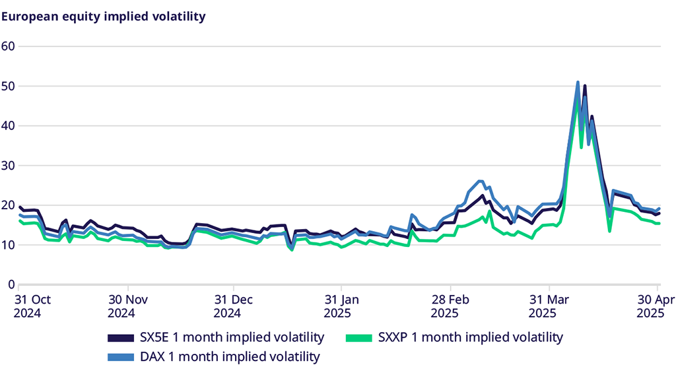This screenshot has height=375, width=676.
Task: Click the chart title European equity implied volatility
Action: point(103,17)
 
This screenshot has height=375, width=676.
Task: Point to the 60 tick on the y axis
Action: point(8,46)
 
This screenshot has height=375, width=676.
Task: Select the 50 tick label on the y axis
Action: point(8,86)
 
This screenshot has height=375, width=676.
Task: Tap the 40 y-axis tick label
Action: point(8,125)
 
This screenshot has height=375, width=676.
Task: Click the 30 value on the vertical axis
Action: point(8,165)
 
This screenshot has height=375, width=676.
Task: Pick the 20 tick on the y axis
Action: point(8,205)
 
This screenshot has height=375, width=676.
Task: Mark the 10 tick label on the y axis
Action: point(8,245)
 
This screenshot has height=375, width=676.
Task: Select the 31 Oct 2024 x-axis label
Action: point(27,306)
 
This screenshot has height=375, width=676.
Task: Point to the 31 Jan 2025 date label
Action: point(341,306)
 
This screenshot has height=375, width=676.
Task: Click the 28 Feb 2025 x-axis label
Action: point(450,306)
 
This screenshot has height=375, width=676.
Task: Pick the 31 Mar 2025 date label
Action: point(549,306)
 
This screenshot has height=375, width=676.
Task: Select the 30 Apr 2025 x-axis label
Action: point(658,306)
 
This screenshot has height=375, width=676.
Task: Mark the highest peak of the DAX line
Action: point(578,83)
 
